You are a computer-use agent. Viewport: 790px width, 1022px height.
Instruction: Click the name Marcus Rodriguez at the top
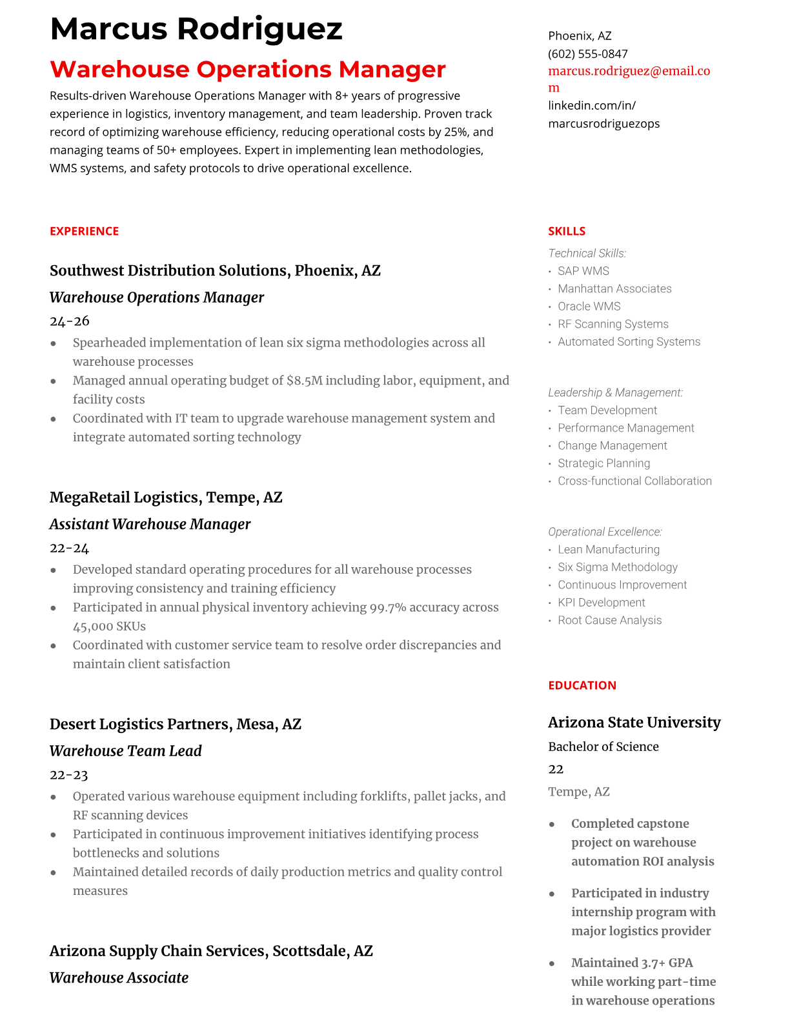point(196,29)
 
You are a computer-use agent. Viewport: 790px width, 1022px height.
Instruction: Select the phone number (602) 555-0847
point(587,54)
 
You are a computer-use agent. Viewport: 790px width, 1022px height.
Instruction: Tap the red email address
point(629,72)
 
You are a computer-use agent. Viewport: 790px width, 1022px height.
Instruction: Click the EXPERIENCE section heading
point(84,231)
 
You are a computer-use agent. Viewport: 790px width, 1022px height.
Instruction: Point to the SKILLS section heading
point(567,231)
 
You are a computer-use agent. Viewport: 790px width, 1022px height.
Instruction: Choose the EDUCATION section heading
point(582,685)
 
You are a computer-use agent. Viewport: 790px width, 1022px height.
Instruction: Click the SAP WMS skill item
point(583,271)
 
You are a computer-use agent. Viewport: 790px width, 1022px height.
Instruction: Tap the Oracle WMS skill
point(589,306)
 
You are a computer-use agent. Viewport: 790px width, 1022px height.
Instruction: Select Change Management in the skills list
point(612,446)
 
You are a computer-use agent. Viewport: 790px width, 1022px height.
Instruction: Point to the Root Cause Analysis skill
point(609,620)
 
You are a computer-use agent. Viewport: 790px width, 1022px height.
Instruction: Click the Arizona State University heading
point(634,723)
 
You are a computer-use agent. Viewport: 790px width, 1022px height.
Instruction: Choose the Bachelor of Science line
point(603,746)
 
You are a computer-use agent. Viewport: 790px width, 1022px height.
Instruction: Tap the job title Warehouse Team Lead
point(126,751)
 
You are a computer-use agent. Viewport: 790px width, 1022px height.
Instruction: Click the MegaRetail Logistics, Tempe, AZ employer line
point(166,497)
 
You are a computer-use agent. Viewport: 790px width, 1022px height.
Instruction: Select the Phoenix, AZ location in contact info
point(580,36)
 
